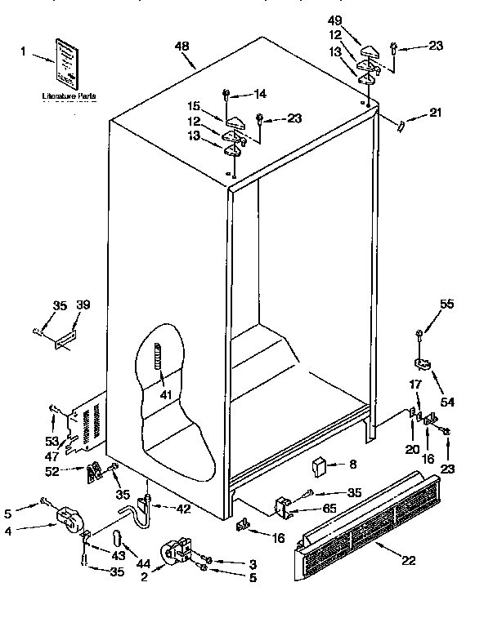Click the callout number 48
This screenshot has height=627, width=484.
185,48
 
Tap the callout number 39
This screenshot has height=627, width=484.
83,305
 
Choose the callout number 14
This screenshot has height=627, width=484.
260,94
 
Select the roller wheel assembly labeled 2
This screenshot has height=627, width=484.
178,549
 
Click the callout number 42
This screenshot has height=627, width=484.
184,509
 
